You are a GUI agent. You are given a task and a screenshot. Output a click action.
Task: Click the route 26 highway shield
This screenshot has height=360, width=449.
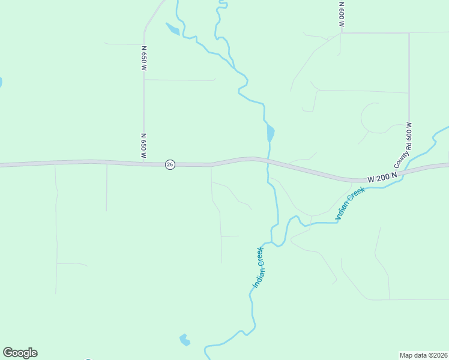(x=170, y=164)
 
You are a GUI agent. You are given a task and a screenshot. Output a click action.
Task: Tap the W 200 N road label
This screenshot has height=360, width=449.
(x=382, y=178)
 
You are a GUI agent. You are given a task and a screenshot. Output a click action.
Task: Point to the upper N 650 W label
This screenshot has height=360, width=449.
(x=144, y=59)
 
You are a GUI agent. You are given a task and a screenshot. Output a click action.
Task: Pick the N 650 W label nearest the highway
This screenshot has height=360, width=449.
(x=144, y=146)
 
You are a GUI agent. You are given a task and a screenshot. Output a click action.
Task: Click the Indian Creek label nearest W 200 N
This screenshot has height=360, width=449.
(x=351, y=203)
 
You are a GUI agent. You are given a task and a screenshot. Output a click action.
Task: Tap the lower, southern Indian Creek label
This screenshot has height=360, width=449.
(x=259, y=267)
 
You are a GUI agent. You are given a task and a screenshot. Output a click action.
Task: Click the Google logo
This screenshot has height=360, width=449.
(x=20, y=353)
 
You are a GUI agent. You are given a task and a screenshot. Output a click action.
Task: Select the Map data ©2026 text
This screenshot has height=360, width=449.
(x=423, y=355)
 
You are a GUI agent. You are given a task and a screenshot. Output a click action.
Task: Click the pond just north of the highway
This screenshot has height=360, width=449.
(x=270, y=132)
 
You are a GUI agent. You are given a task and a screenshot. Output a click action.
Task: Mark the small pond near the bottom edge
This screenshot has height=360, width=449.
(x=184, y=340)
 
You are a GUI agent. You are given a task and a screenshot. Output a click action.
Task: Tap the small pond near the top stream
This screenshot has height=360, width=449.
(x=172, y=28)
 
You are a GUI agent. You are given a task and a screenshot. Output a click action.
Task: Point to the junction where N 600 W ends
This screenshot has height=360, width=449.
(x=341, y=33)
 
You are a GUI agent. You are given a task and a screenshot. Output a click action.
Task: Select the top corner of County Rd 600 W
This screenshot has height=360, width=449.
(x=409, y=33)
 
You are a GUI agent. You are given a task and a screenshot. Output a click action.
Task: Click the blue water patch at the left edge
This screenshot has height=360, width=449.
(x=1, y=82)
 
